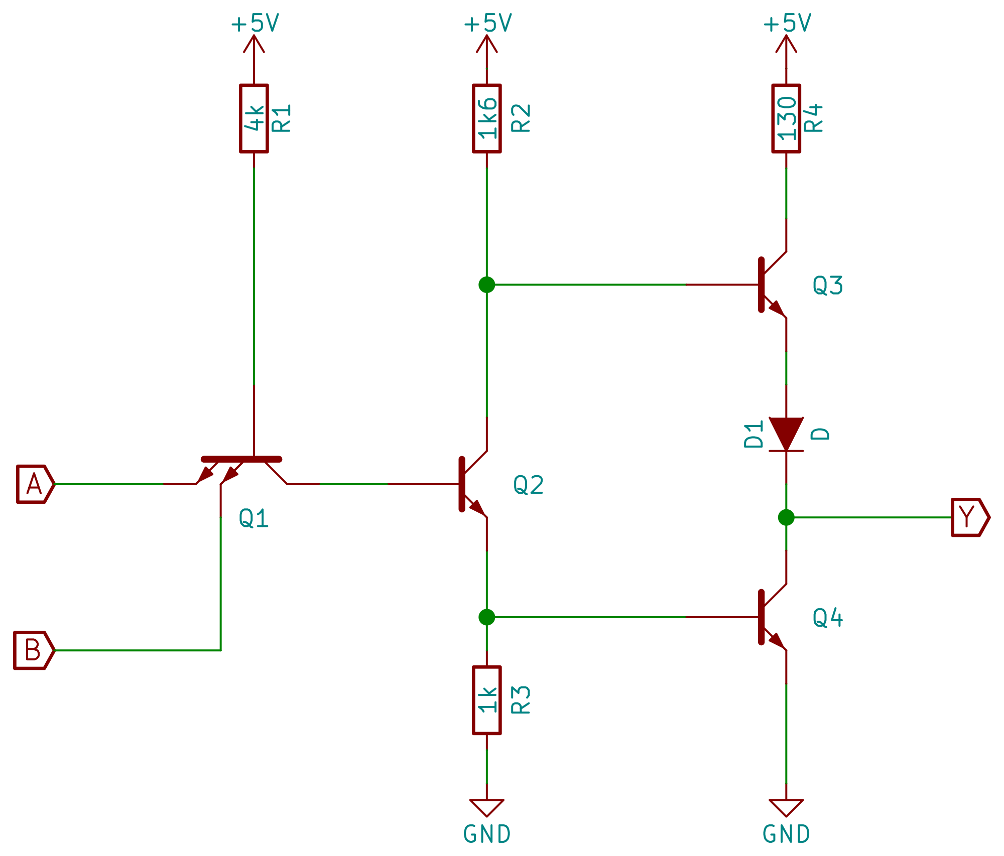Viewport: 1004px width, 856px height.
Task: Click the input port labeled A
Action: (x=35, y=484)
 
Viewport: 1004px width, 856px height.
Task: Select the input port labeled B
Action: (x=33, y=650)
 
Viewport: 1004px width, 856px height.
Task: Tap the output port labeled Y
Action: (x=969, y=517)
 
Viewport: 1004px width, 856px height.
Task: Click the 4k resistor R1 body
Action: (x=254, y=118)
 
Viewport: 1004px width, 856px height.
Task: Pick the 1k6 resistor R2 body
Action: (x=487, y=118)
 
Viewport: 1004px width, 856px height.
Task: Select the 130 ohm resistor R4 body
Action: (x=786, y=118)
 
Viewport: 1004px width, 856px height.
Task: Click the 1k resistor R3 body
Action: (x=487, y=700)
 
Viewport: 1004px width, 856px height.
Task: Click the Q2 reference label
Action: (x=528, y=485)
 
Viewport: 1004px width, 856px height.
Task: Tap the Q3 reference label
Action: (x=827, y=286)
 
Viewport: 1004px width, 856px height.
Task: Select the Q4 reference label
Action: (x=827, y=618)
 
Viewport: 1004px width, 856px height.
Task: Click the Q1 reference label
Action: (x=254, y=518)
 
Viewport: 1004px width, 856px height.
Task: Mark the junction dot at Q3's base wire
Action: (x=487, y=284)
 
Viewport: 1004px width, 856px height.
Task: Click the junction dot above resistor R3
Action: (x=487, y=617)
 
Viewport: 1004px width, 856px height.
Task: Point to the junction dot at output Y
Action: (x=786, y=517)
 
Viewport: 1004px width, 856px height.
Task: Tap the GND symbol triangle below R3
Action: (x=487, y=807)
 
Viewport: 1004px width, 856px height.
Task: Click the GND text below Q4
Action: (x=786, y=834)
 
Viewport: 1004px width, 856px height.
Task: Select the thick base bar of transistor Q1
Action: (x=241, y=459)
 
